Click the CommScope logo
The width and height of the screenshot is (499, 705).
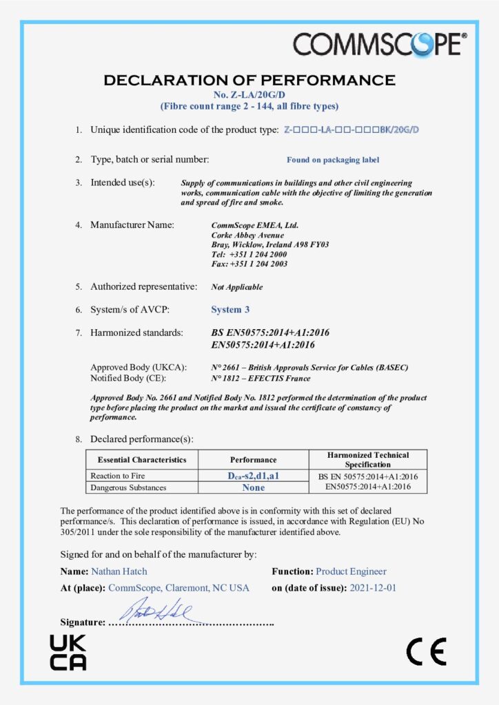[x=380, y=43]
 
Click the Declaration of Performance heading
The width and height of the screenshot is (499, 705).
[x=250, y=80]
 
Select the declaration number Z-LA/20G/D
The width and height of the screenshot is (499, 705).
[x=249, y=94]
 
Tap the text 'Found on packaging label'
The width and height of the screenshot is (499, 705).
[x=333, y=160]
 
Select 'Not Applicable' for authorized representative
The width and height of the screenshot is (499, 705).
[x=236, y=287]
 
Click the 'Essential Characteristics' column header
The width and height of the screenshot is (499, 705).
[x=142, y=459]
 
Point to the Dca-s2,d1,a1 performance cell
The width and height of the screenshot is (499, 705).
[x=253, y=476]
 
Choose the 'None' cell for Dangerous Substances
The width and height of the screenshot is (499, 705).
[x=253, y=487]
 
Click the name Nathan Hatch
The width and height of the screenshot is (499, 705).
[x=119, y=571]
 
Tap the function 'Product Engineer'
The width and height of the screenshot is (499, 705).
[x=351, y=571]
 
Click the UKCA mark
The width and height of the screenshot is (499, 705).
[x=68, y=653]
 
